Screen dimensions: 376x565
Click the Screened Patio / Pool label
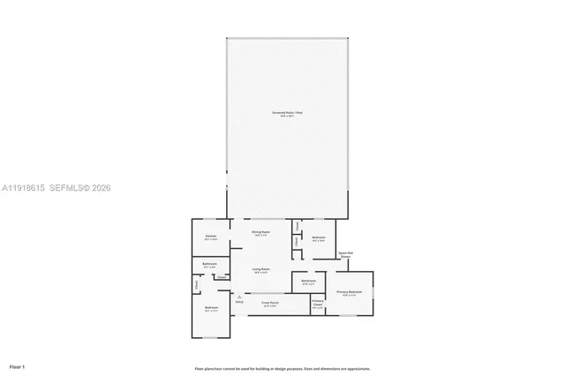point(287,113)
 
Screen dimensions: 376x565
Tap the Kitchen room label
point(211,237)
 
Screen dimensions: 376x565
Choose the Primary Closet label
point(318,304)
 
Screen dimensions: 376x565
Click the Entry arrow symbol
point(239,297)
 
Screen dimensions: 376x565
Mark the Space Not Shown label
point(346,254)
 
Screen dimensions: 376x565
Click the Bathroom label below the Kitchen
point(210,264)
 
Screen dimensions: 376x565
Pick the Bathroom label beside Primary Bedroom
point(309,282)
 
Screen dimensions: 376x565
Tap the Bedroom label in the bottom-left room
point(211,308)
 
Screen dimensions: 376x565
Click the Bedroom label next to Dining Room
point(319,237)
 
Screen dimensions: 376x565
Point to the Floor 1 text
point(18,365)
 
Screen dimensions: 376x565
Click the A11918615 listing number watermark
point(22,188)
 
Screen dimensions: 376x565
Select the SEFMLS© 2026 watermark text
point(81,188)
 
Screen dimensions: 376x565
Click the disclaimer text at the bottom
point(282,368)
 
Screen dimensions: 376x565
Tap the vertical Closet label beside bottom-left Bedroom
point(196,284)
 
